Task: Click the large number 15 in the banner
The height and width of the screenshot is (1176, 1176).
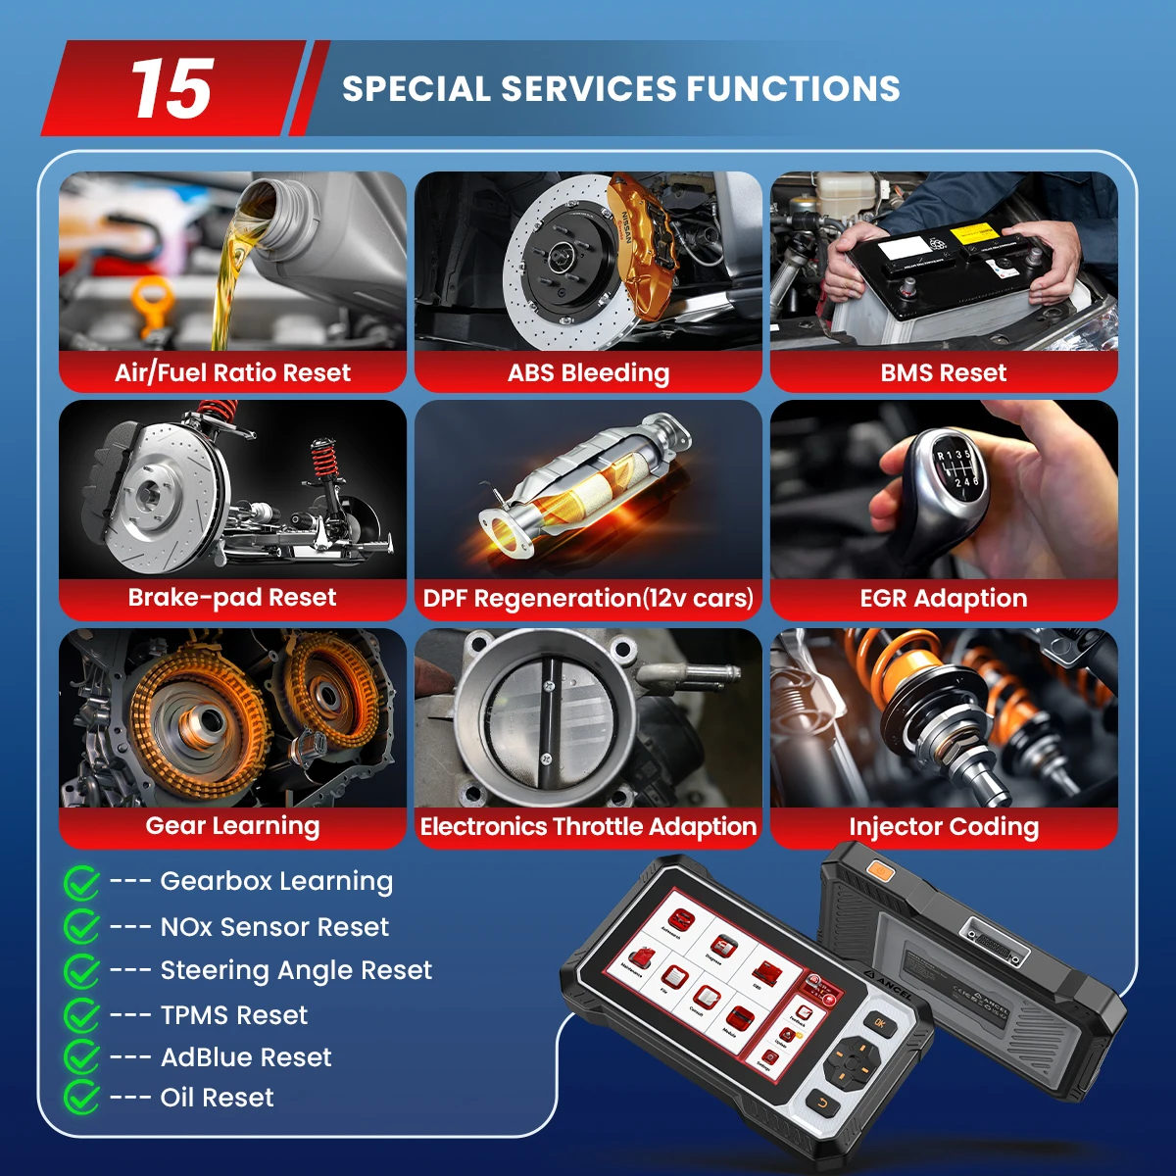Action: pos(171,89)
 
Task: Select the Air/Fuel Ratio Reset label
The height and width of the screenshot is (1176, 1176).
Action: pos(232,372)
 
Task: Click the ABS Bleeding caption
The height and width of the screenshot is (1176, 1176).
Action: pos(588,372)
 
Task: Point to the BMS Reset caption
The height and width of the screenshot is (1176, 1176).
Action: pos(943,372)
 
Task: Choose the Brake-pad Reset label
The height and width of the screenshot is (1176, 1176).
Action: pos(232,598)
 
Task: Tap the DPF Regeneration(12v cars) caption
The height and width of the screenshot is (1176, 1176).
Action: pos(588,598)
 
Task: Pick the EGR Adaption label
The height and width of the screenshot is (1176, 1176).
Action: pos(943,598)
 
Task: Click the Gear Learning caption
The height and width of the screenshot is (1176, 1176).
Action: pos(232,826)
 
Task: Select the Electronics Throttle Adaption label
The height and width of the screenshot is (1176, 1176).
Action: pos(588,826)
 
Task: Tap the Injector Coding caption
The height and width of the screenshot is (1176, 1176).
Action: pos(943,826)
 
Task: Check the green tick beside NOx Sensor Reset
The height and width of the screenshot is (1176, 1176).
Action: pos(81,926)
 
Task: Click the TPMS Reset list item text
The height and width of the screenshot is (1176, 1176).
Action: pos(233,1015)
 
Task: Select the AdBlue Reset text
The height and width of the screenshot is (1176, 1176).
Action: pos(245,1057)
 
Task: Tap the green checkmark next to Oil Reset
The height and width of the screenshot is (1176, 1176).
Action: pos(81,1098)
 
